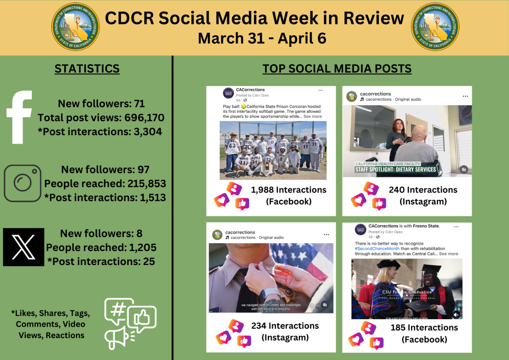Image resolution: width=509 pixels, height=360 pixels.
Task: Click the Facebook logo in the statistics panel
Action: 19,117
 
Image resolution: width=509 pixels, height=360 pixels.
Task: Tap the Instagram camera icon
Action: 22,183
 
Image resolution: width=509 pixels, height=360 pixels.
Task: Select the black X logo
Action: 23,247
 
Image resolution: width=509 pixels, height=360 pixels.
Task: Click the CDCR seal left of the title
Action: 76,27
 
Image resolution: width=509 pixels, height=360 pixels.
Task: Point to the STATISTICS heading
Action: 87,69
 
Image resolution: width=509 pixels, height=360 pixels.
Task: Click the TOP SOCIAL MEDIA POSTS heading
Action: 337,69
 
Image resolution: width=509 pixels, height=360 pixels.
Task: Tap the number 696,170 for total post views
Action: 140,118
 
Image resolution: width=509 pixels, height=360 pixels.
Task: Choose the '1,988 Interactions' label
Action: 288,189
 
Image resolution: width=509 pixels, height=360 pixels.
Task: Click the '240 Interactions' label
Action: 423,189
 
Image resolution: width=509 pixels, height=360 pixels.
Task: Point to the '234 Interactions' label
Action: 284,326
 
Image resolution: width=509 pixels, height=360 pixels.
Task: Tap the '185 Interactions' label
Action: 424,328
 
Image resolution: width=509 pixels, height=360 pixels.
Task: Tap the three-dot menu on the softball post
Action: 321,90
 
